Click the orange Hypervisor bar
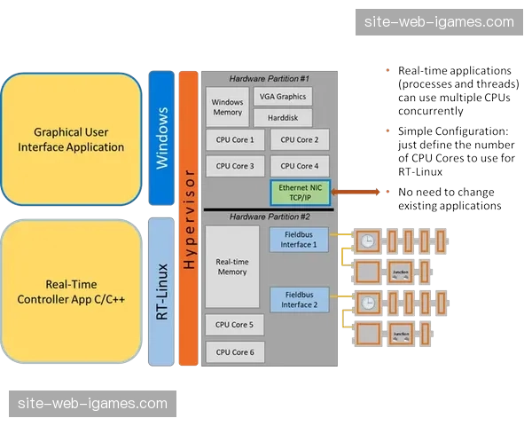[188, 218]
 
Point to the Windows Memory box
[227, 107]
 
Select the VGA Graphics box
[282, 97]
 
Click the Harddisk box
[282, 118]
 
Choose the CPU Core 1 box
[234, 139]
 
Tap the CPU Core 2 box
[299, 139]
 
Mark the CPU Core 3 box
[234, 166]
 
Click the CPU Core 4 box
[299, 166]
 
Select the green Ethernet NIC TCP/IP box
[300, 192]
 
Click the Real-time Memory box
[231, 266]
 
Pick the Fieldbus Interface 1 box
[298, 240]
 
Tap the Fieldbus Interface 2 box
[298, 300]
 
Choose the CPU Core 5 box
[234, 325]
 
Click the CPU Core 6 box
[234, 352]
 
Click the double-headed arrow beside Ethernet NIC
[360, 190]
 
